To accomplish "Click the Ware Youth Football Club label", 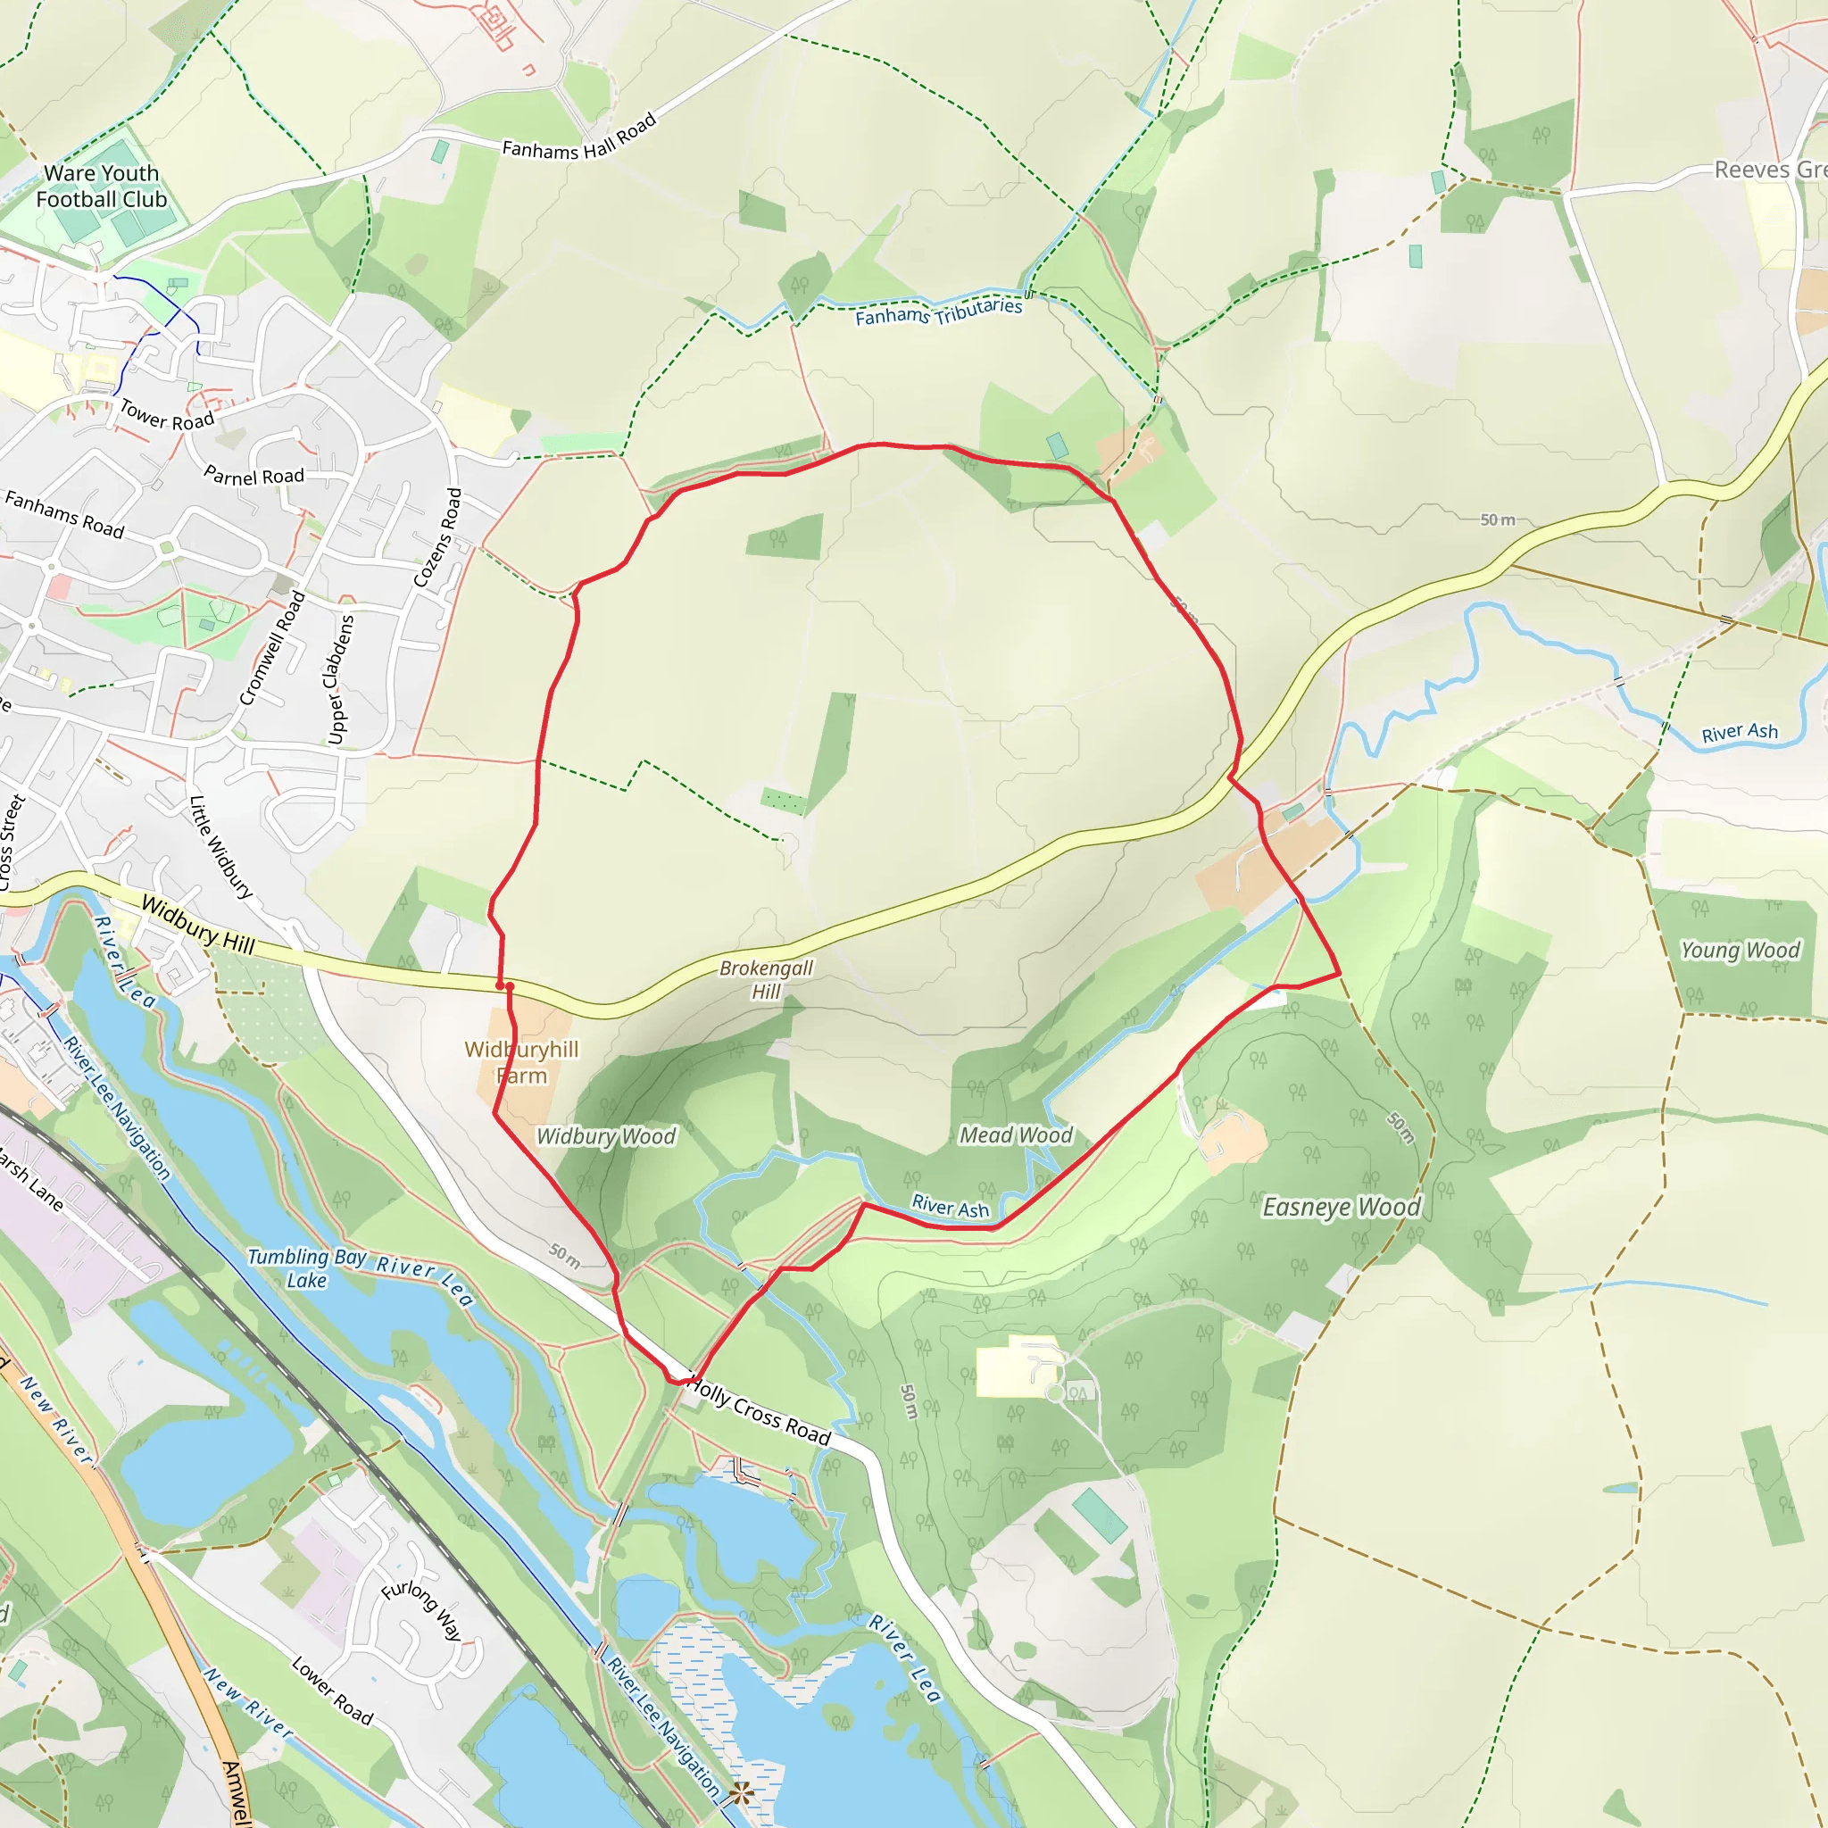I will [101, 187].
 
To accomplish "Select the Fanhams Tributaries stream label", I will [938, 312].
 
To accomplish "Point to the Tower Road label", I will [167, 415].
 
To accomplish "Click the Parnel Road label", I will [253, 476].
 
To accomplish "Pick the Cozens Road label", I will [439, 536].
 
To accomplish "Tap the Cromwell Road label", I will [271, 648].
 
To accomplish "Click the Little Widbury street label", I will [221, 846].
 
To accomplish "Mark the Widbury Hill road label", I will [198, 925].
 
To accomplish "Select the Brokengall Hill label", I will [766, 979].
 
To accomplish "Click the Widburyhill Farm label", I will [521, 1061].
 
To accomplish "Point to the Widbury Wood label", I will [605, 1136].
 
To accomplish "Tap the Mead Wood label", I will [1015, 1134].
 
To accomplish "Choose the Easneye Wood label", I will [1341, 1208].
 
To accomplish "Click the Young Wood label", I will [1739, 950].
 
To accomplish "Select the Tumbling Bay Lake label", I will [305, 1267].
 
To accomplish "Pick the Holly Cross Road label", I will [759, 1411].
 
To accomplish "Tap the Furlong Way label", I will [422, 1609].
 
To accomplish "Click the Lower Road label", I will [332, 1690].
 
